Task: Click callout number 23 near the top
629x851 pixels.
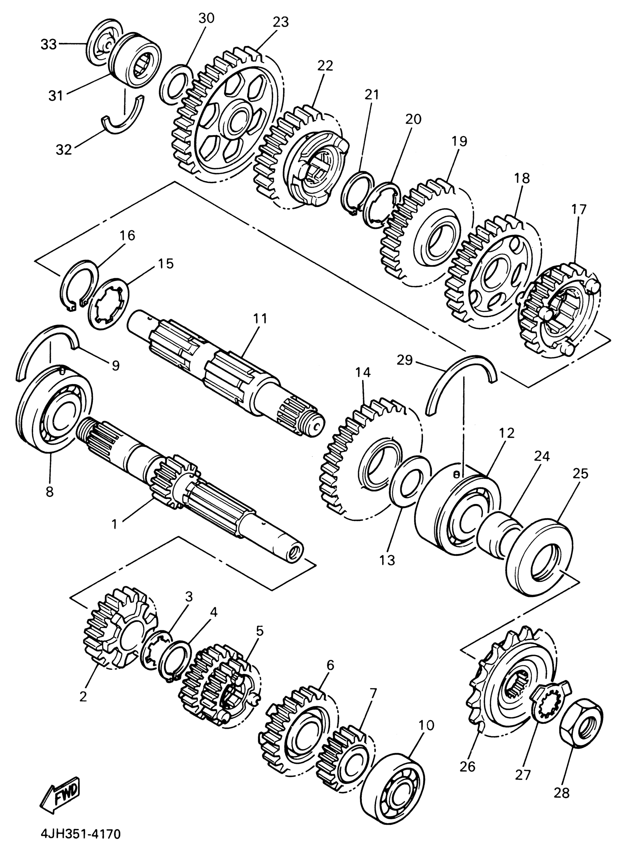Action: [x=280, y=22]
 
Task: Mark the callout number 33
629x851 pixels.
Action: [x=48, y=44]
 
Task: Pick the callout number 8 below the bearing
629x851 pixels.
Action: [x=50, y=492]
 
